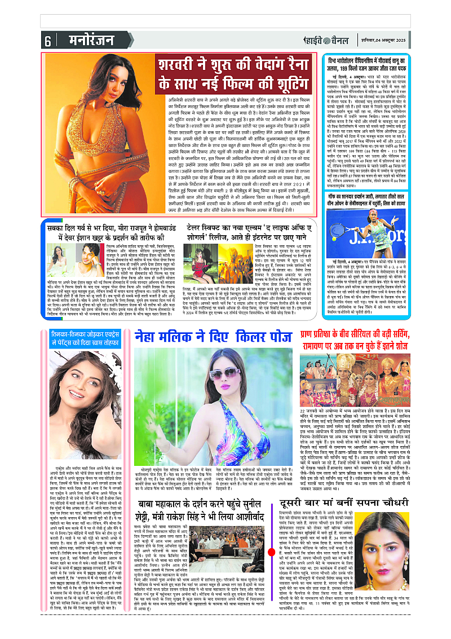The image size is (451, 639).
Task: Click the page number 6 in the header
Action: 48,41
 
